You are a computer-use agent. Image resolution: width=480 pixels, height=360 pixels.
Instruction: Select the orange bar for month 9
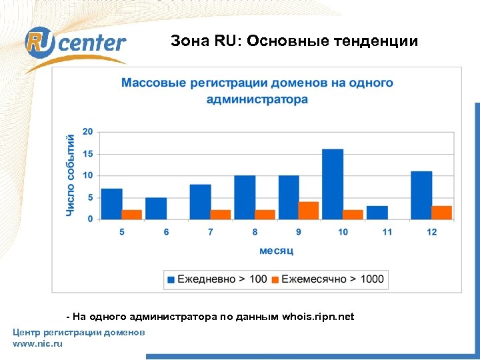pyautogui.click(x=309, y=210)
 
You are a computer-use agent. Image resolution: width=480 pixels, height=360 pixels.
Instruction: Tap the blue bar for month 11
pyautogui.click(x=377, y=212)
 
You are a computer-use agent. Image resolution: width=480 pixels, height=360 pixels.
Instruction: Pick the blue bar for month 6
pyautogui.click(x=156, y=208)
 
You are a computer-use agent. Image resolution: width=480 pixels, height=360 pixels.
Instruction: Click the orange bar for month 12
pyautogui.click(x=441, y=212)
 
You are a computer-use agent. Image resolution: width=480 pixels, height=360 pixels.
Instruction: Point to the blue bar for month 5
pyautogui.click(x=112, y=203)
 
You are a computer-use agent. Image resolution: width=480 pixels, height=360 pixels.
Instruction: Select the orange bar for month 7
pyautogui.click(x=220, y=214)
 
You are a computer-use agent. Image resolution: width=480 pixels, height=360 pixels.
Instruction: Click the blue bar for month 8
pyautogui.click(x=245, y=197)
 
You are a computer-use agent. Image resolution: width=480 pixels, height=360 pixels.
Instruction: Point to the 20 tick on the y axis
pyautogui.click(x=88, y=131)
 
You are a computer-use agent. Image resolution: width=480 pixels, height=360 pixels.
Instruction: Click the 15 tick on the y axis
pyautogui.click(x=88, y=153)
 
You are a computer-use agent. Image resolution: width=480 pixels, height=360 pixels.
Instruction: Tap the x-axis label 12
pyautogui.click(x=432, y=231)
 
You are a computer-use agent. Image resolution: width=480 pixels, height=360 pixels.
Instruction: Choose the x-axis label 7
pyautogui.click(x=211, y=231)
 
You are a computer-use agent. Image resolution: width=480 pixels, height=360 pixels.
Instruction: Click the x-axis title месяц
pyautogui.click(x=276, y=251)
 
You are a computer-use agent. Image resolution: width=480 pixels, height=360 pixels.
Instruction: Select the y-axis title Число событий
pyautogui.click(x=70, y=174)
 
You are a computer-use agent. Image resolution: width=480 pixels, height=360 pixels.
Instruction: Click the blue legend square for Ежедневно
pyautogui.click(x=171, y=279)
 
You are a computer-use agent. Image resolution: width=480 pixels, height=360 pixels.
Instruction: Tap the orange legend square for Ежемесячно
pyautogui.click(x=275, y=279)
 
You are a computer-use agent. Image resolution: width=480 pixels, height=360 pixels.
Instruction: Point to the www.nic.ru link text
pyautogui.click(x=37, y=343)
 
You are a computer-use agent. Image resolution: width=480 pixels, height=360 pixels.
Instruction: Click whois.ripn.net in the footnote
pyautogui.click(x=318, y=317)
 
